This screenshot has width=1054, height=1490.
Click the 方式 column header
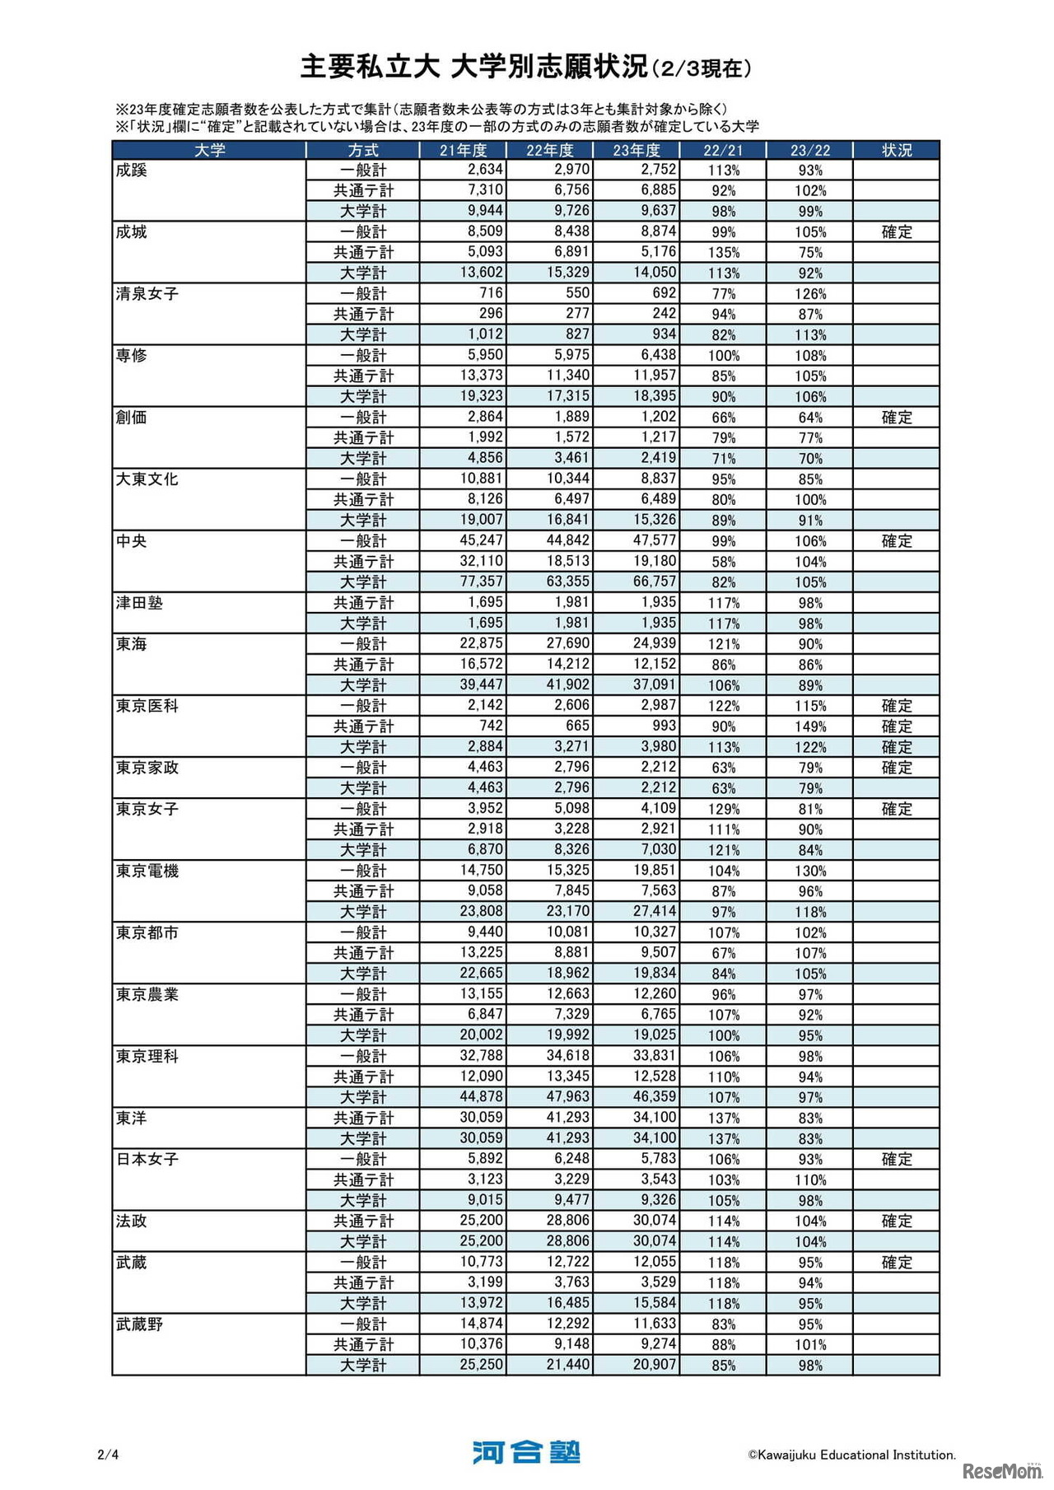[x=363, y=150]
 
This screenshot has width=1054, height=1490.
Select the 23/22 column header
[x=810, y=150]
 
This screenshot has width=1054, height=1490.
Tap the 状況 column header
[x=897, y=150]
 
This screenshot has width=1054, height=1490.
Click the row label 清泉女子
[x=147, y=294]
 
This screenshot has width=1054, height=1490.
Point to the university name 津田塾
[x=139, y=603]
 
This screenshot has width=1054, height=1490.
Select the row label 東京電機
[x=147, y=871]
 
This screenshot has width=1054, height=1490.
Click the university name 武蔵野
[x=139, y=1324]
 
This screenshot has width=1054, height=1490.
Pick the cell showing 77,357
[x=481, y=582]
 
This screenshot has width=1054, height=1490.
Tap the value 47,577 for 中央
[x=655, y=541]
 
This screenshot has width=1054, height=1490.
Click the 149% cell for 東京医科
[x=810, y=726]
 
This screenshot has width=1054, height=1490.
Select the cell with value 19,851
[x=655, y=871]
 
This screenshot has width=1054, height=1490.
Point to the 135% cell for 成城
[x=724, y=253]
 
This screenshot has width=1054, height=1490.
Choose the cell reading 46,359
[x=655, y=1097]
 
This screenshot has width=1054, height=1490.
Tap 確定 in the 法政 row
[x=897, y=1221]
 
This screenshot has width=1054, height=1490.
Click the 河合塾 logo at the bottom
[x=526, y=1452]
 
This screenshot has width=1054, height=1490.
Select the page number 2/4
[x=108, y=1455]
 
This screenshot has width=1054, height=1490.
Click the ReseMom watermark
[x=1001, y=1470]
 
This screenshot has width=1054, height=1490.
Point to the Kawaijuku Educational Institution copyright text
[x=851, y=1455]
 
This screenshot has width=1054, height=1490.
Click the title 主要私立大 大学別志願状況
[x=474, y=67]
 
